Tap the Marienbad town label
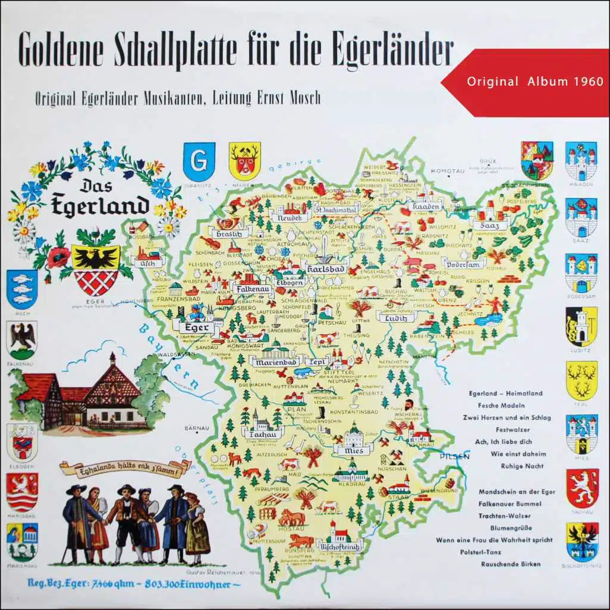point(276,362)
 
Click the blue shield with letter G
point(199,161)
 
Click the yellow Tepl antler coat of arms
point(581,379)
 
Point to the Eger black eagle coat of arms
point(95,269)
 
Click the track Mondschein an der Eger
point(515,492)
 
